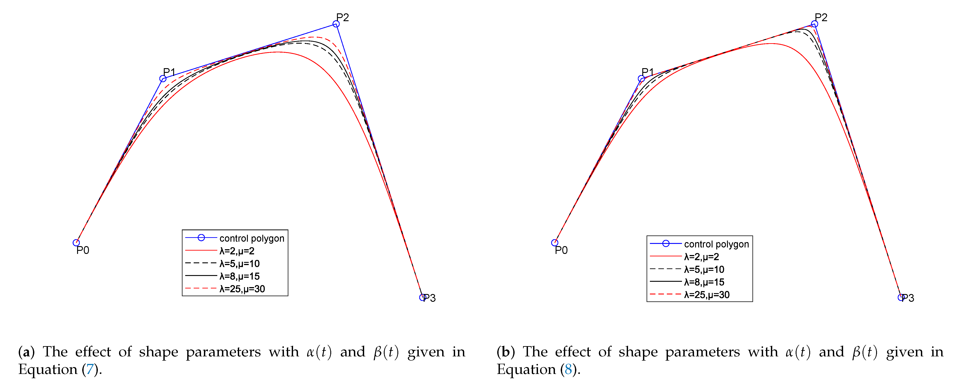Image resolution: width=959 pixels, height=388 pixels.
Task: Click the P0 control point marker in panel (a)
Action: coord(76,243)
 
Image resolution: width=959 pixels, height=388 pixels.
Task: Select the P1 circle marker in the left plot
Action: coord(163,78)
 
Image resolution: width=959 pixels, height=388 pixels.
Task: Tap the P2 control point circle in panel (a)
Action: coord(336,24)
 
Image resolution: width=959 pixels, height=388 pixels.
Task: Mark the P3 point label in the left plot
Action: coord(430,298)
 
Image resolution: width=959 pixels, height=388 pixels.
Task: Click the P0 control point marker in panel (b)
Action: coord(554,243)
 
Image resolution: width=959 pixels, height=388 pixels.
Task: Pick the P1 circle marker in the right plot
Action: coord(641,78)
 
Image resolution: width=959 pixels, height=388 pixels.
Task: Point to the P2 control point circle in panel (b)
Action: coord(814,24)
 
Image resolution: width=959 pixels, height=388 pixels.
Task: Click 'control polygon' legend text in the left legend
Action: coord(252,239)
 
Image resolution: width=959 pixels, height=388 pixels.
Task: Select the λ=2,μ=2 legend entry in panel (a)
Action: coord(237,251)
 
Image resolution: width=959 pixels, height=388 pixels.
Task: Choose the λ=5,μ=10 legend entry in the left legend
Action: coord(239,264)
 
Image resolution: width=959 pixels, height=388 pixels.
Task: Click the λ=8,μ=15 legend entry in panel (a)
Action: coord(239,276)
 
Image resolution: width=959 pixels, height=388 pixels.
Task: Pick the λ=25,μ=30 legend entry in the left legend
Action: coord(242,289)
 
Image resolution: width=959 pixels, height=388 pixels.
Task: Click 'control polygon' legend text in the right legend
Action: coord(716,244)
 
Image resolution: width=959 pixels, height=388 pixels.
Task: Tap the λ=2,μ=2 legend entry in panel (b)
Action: coord(701,257)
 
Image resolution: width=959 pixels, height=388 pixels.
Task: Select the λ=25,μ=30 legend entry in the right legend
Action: coord(706,295)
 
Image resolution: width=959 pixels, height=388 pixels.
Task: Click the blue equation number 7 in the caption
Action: coord(90,369)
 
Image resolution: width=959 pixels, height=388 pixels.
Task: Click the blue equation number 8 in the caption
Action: coord(568,369)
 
